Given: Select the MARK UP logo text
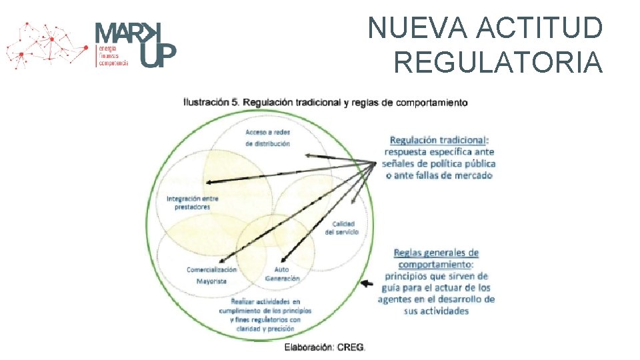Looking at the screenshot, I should [x=135, y=44].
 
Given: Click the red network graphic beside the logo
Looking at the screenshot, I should [x=47, y=45].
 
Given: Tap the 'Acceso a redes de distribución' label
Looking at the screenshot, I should [x=267, y=137].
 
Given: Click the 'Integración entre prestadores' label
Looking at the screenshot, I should [x=193, y=202].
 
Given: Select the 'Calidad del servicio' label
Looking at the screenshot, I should [x=342, y=227].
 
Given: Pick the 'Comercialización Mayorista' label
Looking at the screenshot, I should [x=211, y=275].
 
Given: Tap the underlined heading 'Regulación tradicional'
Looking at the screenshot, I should [x=439, y=140].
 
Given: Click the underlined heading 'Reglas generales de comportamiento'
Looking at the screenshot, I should [x=436, y=258].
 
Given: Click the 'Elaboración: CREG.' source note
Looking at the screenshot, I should [x=325, y=347].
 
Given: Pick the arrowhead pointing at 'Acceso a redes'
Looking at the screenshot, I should [x=309, y=155].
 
